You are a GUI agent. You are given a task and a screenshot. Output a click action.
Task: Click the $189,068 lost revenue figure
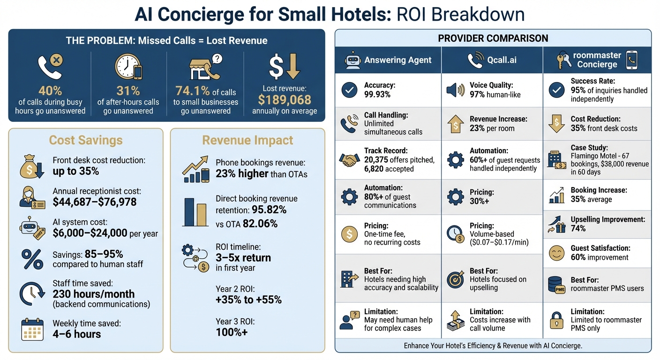pos(285,99)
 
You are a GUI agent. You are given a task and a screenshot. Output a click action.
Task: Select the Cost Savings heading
pos(86,140)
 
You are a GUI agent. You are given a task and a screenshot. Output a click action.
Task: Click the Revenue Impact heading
pos(247,140)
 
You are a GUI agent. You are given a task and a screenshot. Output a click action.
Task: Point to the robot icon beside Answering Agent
pos(352,60)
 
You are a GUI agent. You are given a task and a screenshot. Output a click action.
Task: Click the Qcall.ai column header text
pos(502,60)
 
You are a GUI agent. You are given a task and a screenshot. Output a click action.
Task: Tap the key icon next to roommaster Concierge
pos(562,60)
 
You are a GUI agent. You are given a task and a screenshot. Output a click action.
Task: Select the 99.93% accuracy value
pos(377,94)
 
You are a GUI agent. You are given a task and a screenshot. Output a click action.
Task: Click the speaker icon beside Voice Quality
pos(455,90)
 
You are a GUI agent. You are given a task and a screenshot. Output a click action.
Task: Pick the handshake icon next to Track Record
pos(349,160)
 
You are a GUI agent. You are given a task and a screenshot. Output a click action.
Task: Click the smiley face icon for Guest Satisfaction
pos(556,253)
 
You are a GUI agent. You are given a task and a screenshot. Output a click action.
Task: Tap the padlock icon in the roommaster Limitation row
pos(556,320)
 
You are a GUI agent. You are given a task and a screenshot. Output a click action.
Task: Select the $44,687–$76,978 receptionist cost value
pos(95,202)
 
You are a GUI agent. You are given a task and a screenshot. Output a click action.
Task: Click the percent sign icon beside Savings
pos(32,259)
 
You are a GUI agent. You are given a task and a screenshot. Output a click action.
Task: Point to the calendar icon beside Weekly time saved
pos(32,329)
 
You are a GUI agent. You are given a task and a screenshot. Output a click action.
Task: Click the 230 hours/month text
pos(94,294)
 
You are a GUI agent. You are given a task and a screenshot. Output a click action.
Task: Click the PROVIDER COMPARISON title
pos(493,38)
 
